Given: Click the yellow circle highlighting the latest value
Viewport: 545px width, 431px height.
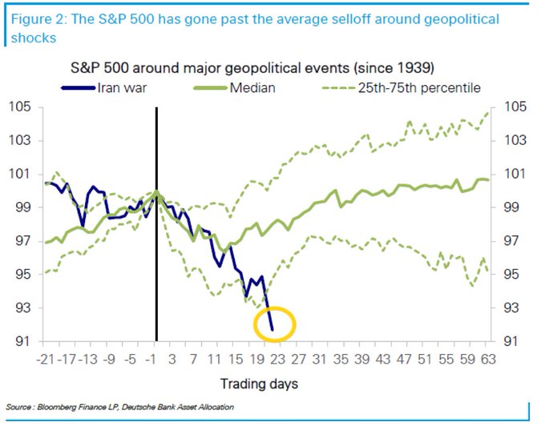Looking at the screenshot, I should click(275, 325).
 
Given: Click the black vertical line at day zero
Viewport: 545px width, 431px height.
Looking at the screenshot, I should click(155, 240).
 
